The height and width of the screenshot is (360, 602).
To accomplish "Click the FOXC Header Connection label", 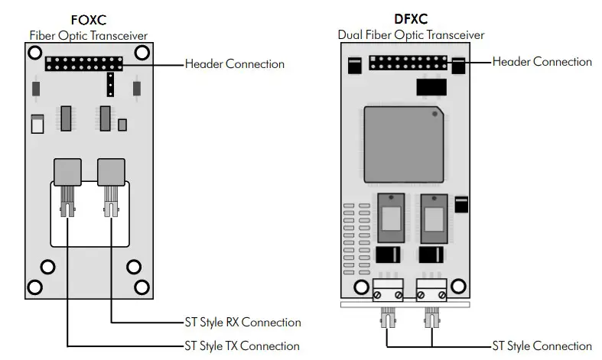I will [234, 63].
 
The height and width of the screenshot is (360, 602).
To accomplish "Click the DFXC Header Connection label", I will [542, 61].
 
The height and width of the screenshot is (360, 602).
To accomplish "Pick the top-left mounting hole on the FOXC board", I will [34, 53].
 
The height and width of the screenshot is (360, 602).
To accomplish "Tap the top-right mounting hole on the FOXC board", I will [142, 53].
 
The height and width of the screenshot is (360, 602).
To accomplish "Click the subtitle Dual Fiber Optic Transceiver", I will [411, 34].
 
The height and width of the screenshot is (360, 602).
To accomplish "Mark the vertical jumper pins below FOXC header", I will [110, 85].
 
